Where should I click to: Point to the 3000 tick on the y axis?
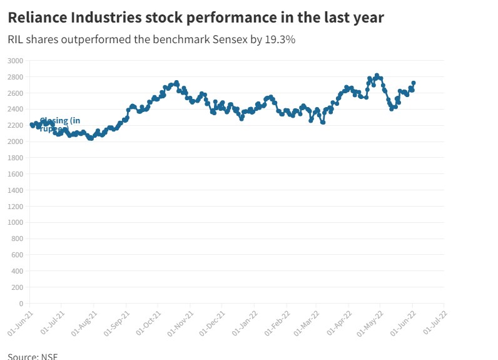coord(15,61)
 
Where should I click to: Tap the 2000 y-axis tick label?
coord(15,141)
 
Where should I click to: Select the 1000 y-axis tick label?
coord(15,222)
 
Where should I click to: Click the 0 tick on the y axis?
coord(21,304)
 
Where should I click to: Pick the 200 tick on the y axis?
coord(17,287)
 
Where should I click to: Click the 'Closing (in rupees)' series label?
coord(59,125)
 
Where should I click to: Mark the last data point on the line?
coord(414,83)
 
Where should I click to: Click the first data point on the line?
coord(31,125)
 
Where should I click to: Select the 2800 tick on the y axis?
coord(15,77)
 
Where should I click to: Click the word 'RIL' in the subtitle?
coord(16,40)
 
